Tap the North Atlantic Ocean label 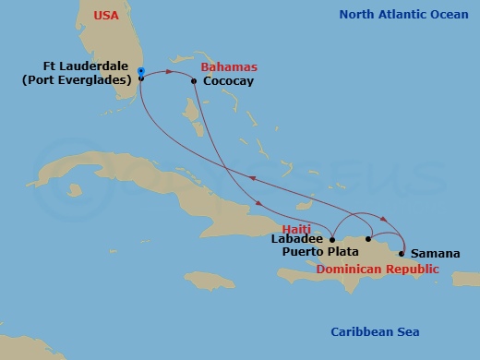tap(402, 15)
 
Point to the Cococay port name tap(229, 82)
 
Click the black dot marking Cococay tap(194, 81)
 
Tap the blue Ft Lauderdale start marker tap(140, 71)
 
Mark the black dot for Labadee tap(330, 238)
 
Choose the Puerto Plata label tap(322, 251)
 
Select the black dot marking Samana tap(402, 253)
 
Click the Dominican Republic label tap(377, 269)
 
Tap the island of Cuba tap(166, 189)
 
